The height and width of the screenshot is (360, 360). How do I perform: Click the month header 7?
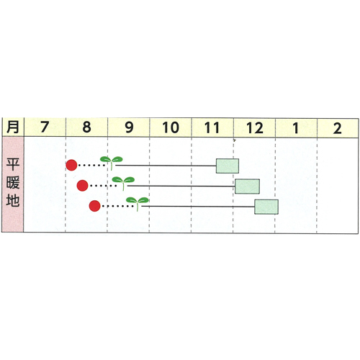(x=45, y=127)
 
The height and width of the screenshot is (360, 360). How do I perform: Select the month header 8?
(x=86, y=127)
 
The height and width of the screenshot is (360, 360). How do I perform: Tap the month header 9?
(x=129, y=127)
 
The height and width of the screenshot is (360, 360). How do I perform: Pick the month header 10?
(x=171, y=127)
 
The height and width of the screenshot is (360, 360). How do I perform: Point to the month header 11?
(x=212, y=127)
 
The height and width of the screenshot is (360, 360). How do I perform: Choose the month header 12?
(x=255, y=128)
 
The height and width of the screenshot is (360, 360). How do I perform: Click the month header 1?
(x=296, y=128)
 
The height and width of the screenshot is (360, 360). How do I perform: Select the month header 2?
(x=338, y=128)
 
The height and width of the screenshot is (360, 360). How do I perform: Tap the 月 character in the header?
(x=13, y=127)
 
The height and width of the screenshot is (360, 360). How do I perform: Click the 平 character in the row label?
(x=13, y=164)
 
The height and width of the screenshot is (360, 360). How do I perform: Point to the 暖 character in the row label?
(x=13, y=183)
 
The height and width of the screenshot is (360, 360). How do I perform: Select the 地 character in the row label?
(x=13, y=201)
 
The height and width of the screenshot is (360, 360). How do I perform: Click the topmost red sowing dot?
(x=71, y=165)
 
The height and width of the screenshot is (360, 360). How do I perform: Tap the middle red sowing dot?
(x=82, y=186)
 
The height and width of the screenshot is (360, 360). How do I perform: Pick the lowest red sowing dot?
(x=94, y=206)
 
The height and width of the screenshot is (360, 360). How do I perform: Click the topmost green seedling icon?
(x=112, y=163)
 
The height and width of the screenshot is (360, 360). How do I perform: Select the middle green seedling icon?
(x=123, y=183)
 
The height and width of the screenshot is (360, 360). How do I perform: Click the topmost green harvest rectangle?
(x=228, y=166)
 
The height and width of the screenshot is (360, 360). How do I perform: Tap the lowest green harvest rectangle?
(x=266, y=207)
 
